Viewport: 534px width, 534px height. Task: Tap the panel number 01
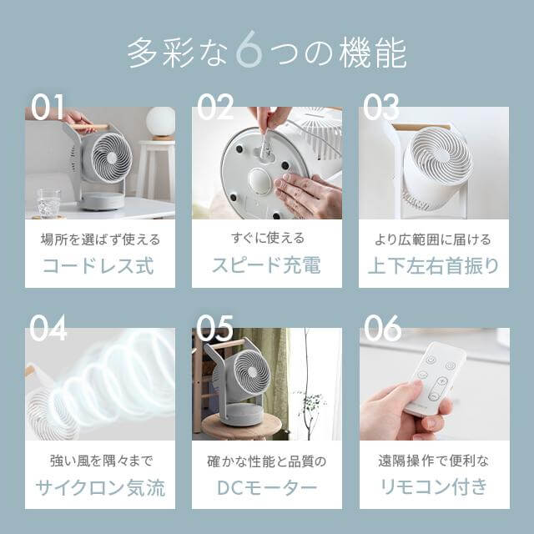(x=48, y=107)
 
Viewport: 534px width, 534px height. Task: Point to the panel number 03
(x=381, y=107)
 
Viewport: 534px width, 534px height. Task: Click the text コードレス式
(x=99, y=265)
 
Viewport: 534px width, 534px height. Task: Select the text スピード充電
(x=266, y=265)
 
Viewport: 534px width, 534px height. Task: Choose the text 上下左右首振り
(x=433, y=265)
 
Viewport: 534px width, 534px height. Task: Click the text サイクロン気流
(x=99, y=487)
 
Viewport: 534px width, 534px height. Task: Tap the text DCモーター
(x=266, y=487)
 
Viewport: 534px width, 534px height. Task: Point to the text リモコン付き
(x=433, y=487)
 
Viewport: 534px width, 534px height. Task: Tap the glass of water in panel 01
(x=48, y=202)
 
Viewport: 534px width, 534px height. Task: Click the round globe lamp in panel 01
(x=160, y=122)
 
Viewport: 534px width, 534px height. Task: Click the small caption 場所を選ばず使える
(x=99, y=239)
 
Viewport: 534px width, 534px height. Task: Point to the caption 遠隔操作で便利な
(x=433, y=461)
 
